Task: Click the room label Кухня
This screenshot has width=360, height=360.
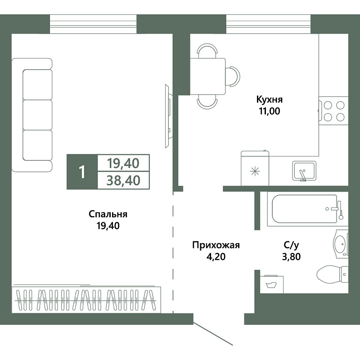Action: coord(269,100)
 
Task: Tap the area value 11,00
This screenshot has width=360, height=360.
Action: coord(270,111)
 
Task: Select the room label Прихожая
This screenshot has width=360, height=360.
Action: coord(216,245)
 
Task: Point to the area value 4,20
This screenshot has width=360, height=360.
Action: coord(216,256)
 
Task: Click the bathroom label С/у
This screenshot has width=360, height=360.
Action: coord(291,245)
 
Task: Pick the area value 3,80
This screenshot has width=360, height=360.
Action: coord(291,256)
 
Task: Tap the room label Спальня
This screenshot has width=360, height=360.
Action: coord(108,215)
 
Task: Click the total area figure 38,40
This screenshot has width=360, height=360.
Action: coord(123,180)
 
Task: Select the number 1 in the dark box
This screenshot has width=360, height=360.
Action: coord(82,172)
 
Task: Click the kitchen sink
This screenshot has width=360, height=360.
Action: coord(304,171)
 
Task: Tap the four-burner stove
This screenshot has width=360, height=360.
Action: coord(333,111)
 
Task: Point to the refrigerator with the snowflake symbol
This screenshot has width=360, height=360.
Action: coord(255,168)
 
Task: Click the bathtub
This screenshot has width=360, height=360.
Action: coord(307,209)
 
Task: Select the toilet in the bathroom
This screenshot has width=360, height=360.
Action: coord(333,274)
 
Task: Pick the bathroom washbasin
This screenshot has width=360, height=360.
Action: coord(341,243)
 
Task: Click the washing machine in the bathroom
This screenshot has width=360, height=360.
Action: coord(272,284)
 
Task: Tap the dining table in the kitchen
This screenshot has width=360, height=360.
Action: coord(208,76)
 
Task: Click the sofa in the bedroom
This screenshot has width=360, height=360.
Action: coord(32,115)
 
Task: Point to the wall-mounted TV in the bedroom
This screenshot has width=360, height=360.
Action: coord(168,116)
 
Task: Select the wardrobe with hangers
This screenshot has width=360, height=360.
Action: coord(86,300)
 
